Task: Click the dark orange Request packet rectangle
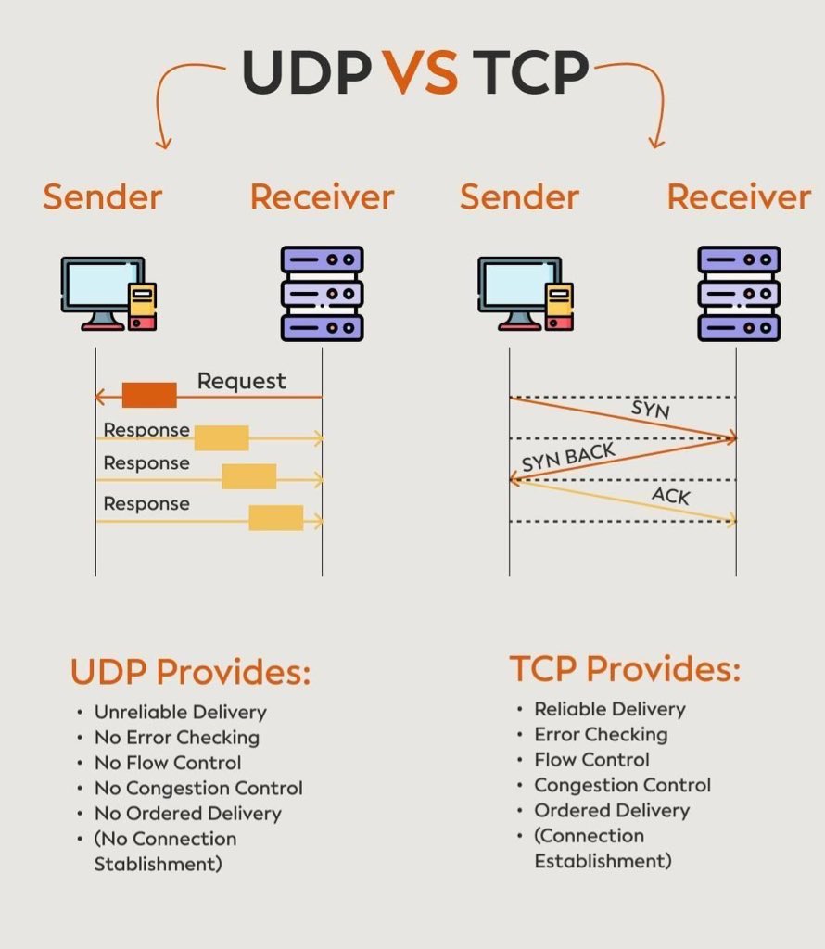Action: click(x=149, y=396)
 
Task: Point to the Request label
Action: click(x=242, y=381)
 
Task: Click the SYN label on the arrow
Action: click(x=650, y=409)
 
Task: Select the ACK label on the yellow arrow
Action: click(x=670, y=496)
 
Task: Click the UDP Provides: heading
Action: click(x=190, y=673)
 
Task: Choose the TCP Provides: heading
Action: click(x=625, y=669)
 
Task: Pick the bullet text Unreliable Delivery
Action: click(x=180, y=713)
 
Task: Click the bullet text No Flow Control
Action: click(x=168, y=763)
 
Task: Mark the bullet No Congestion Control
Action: click(x=198, y=788)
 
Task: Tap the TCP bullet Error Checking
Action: click(x=601, y=734)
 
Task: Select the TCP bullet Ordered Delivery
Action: click(x=612, y=810)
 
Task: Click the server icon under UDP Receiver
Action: click(x=322, y=293)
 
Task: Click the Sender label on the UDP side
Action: click(x=103, y=196)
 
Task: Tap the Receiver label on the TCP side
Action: click(x=739, y=196)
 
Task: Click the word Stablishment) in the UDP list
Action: click(x=159, y=864)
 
